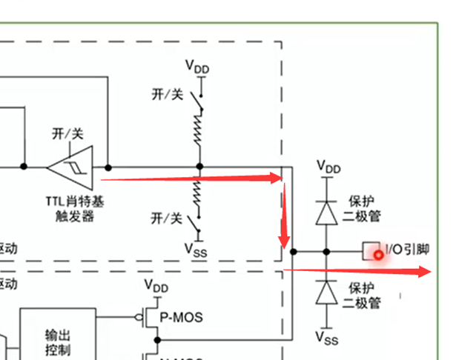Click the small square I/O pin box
point(369,251)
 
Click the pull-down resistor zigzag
point(199,194)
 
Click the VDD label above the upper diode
point(328,167)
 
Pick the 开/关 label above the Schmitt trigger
point(67,133)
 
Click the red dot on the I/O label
point(380,255)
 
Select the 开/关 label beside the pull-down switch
point(166,218)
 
